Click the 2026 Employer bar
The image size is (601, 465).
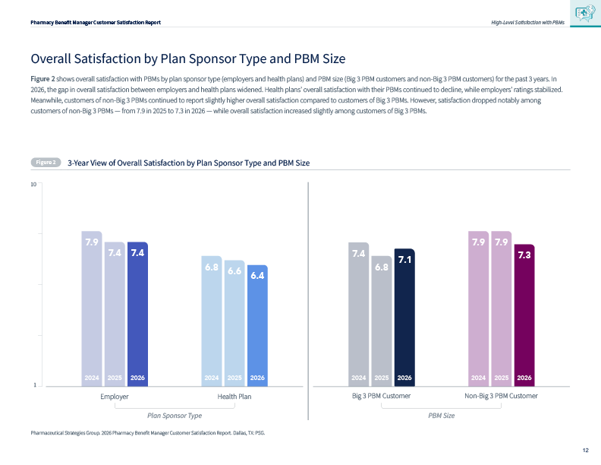click(x=137, y=314)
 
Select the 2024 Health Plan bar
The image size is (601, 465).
click(x=212, y=321)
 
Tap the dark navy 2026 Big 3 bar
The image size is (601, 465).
click(x=404, y=318)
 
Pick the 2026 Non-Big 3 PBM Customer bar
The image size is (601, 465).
click(x=524, y=315)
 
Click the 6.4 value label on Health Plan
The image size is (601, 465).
click(x=257, y=276)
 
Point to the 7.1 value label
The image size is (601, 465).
click(x=404, y=260)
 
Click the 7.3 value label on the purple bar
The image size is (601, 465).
click(x=524, y=255)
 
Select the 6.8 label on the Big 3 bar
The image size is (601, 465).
click(x=382, y=267)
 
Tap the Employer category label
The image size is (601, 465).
click(x=115, y=397)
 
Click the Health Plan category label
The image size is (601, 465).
click(x=234, y=397)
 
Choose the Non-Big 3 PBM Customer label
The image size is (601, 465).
click(x=501, y=396)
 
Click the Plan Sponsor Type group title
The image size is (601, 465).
click(x=175, y=416)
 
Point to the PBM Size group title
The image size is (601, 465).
click(x=441, y=416)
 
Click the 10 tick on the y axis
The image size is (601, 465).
click(x=33, y=184)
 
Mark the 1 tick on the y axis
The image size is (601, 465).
click(x=35, y=384)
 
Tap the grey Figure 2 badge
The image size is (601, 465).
click(x=46, y=163)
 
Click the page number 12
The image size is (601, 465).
click(x=585, y=450)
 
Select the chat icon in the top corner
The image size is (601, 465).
click(x=585, y=13)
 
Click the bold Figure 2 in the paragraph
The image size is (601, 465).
click(x=42, y=79)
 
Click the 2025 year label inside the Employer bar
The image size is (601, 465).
click(x=115, y=378)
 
